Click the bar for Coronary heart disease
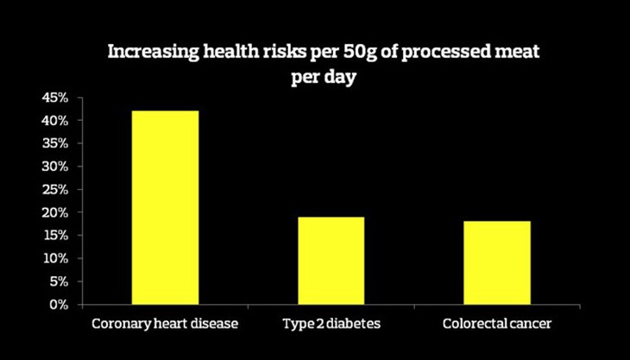pyautogui.click(x=165, y=207)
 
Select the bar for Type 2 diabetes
pyautogui.click(x=331, y=260)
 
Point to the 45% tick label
pyautogui.click(x=54, y=98)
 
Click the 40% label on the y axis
pyautogui.click(x=54, y=121)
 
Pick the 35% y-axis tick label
pyautogui.click(x=54, y=143)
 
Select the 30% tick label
pyautogui.click(x=54, y=167)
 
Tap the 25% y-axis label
pyautogui.click(x=54, y=189)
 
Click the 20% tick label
pyautogui.click(x=54, y=212)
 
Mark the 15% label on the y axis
pyautogui.click(x=54, y=235)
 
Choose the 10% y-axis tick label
pyautogui.click(x=54, y=258)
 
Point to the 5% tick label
pyautogui.click(x=58, y=281)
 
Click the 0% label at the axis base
pyautogui.click(x=58, y=304)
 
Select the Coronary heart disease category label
pyautogui.click(x=165, y=324)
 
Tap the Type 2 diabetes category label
pyautogui.click(x=331, y=324)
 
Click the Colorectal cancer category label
pyautogui.click(x=497, y=324)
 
